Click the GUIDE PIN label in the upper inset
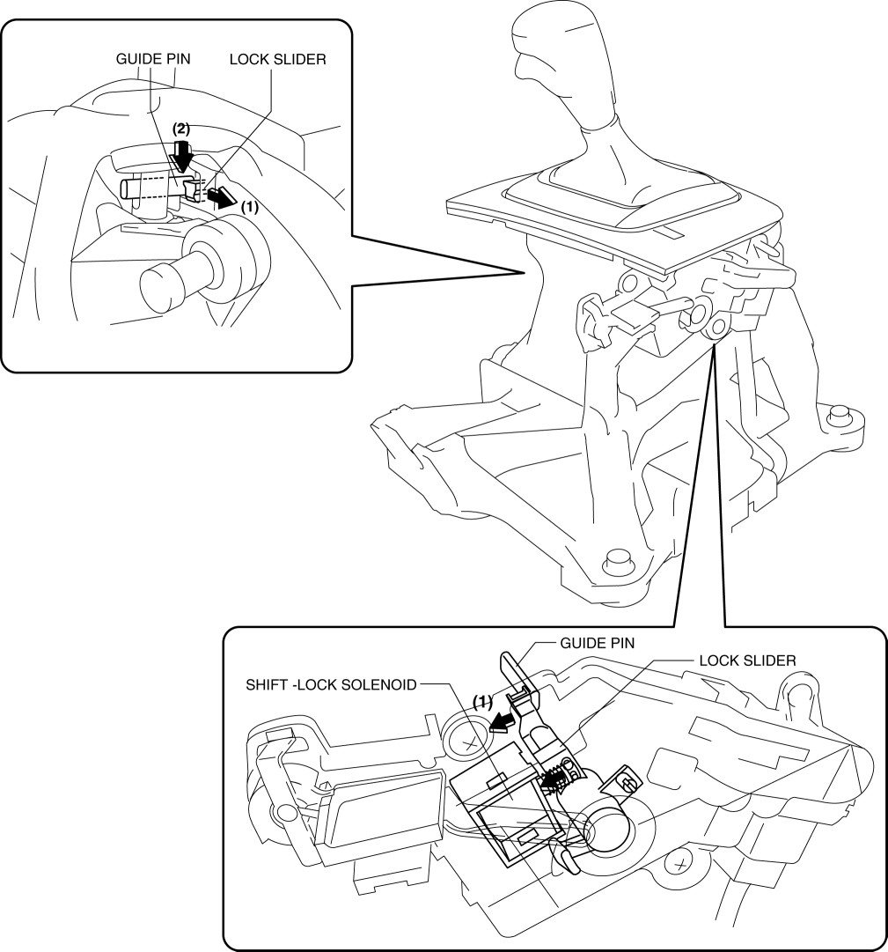153,59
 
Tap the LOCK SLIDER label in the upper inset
278,59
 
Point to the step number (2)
180,129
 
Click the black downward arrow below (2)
180,155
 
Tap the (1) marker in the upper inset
249,206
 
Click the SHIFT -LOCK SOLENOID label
331,684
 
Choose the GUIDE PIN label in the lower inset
597,643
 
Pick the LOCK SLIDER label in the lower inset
747,660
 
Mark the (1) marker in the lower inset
482,703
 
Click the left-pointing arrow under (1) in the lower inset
503,722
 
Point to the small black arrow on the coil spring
552,780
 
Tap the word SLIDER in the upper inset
298,59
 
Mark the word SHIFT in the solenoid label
266,684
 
